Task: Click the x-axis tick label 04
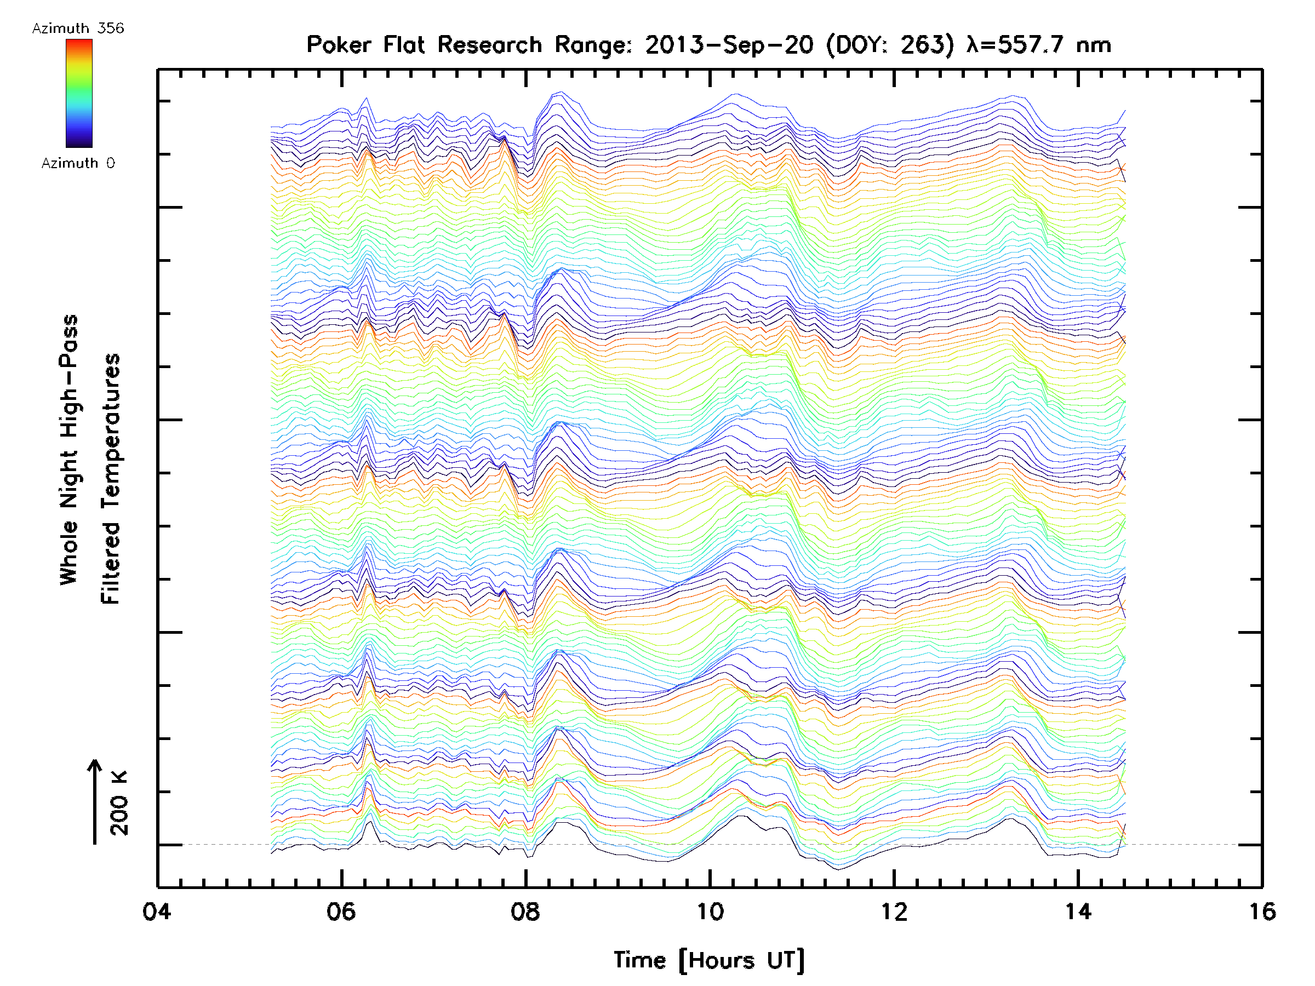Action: coord(156,912)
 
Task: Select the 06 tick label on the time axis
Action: coord(341,912)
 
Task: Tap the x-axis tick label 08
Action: coord(525,912)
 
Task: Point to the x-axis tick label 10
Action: coord(709,912)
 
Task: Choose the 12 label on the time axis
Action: coord(894,912)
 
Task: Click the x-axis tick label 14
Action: coord(1078,912)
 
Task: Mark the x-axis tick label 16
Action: coord(1261,912)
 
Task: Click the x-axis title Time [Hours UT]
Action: coord(708,960)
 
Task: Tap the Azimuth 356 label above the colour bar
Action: coord(78,28)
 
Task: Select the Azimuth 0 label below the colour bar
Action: coord(78,163)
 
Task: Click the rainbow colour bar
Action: coord(79,93)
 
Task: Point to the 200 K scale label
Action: coord(119,803)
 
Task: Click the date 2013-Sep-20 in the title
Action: coord(729,44)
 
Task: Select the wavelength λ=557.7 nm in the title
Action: coord(1038,44)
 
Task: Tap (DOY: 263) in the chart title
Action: coord(890,44)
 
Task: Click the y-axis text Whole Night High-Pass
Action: coord(69,449)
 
